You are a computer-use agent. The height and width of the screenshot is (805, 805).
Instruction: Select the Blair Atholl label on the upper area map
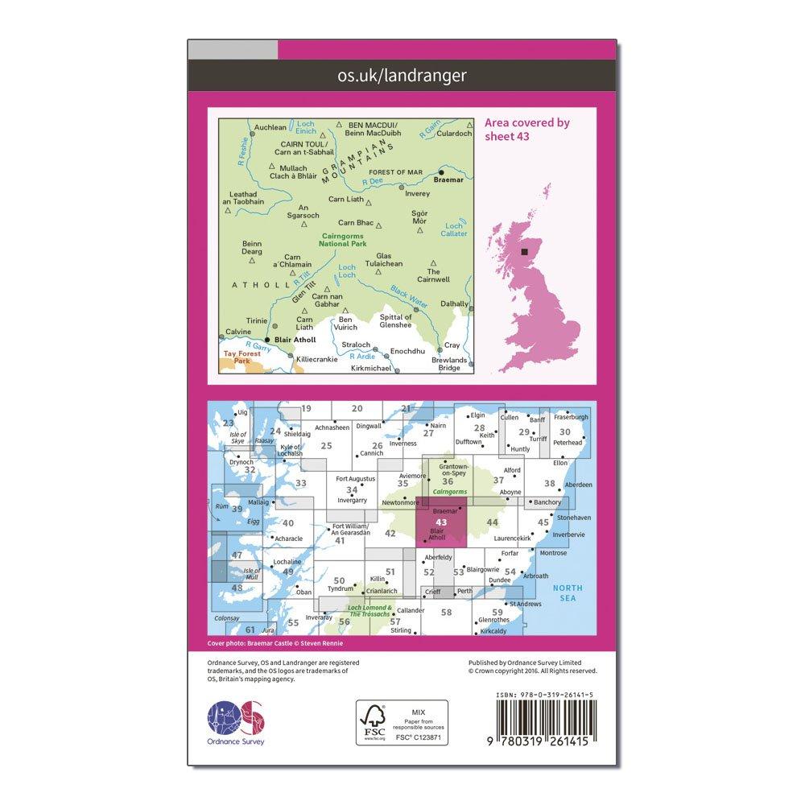(x=295, y=340)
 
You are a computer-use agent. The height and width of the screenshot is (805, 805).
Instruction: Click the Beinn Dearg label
(x=253, y=247)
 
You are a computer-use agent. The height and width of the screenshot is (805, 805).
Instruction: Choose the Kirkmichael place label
(x=371, y=368)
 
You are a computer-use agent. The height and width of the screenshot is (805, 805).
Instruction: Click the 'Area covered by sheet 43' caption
(x=526, y=130)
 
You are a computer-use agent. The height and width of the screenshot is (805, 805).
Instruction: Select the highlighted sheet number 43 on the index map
(x=440, y=522)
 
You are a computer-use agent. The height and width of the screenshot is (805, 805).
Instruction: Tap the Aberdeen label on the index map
(x=578, y=485)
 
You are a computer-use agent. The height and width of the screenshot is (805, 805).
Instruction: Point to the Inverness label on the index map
(x=402, y=444)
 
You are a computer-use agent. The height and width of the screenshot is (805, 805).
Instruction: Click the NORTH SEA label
(x=569, y=593)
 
